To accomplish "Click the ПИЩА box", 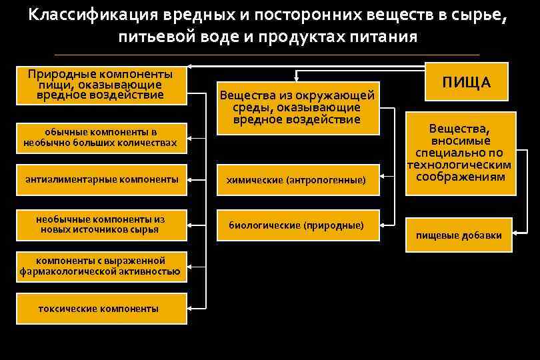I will pos(466,82).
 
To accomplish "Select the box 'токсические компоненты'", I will pos(99,309).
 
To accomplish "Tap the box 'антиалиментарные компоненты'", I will pos(101,179).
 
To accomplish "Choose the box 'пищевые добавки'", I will pos(459,235).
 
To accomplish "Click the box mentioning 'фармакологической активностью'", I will pos(100,266).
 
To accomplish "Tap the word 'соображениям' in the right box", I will pos(461,177).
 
